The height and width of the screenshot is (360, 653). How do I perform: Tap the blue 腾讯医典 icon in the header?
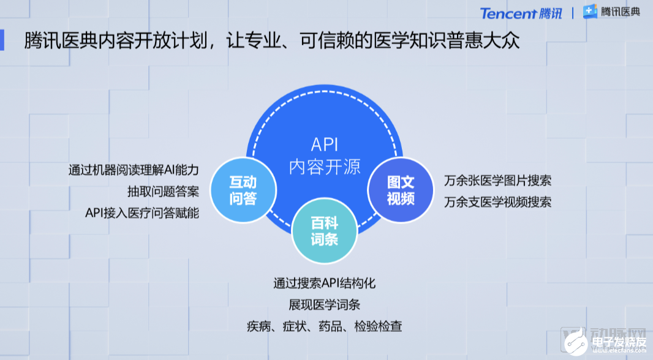coord(590,12)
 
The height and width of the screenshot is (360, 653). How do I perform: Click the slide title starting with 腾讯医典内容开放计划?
coord(272,41)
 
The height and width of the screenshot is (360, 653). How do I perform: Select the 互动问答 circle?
coord(243,190)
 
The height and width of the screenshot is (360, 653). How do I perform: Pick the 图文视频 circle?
coord(401,190)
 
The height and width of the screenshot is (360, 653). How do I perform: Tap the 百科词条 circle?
coord(325,231)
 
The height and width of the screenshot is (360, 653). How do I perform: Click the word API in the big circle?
coord(325,145)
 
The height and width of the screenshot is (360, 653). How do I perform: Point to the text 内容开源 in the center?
coord(325,167)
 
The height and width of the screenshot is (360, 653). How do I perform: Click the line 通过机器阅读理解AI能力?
coord(134,170)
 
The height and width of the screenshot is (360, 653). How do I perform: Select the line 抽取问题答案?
coord(163,192)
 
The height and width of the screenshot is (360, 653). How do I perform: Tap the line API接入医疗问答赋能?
coord(142,213)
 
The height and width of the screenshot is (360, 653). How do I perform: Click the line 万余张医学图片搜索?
coord(497,181)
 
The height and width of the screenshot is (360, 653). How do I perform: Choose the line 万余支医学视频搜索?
coord(497,202)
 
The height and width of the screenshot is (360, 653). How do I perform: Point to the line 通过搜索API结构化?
coord(325,283)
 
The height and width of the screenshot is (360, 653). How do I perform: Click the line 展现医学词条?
coord(325,305)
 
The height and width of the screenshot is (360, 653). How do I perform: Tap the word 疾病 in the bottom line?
coord(259,326)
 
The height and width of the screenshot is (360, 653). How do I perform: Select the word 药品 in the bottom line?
coord(331,326)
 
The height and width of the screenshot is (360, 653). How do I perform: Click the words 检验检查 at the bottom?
coord(379,326)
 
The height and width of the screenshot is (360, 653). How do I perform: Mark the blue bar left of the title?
coord(2,40)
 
